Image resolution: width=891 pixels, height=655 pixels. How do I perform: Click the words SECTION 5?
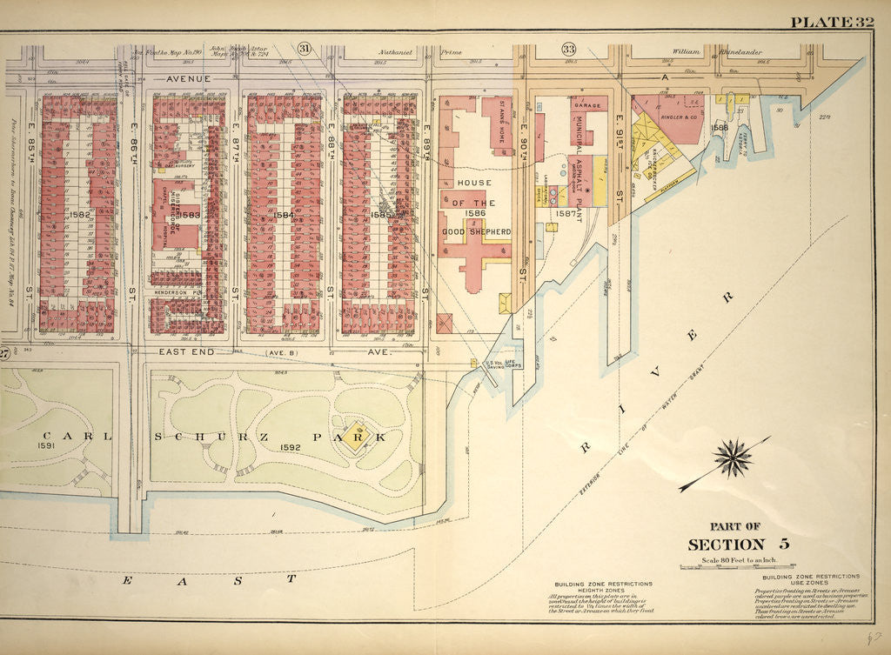pos(738,545)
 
